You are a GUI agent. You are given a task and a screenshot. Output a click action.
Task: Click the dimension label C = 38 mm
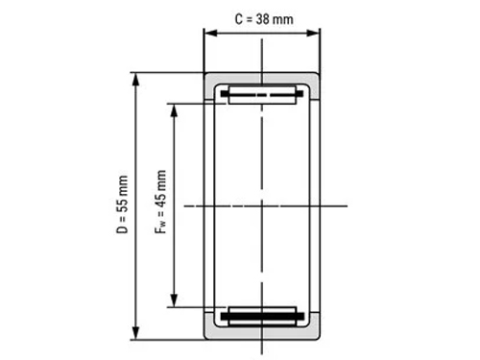pyautogui.click(x=264, y=19)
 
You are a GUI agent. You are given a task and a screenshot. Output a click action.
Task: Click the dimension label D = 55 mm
pyautogui.click(x=122, y=204)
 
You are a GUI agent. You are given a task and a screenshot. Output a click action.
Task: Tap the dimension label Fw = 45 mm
pyautogui.click(x=160, y=202)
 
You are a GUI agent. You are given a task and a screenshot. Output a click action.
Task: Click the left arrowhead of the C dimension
pyautogui.click(x=211, y=33)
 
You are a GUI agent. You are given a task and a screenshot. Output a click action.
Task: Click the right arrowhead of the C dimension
pyautogui.click(x=313, y=33)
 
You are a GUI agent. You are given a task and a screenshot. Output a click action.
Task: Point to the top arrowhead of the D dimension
pyautogui.click(x=136, y=80)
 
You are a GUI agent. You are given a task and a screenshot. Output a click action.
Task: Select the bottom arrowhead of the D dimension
pyautogui.click(x=136, y=333)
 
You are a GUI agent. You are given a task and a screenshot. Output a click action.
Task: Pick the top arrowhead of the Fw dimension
pyautogui.click(x=174, y=110)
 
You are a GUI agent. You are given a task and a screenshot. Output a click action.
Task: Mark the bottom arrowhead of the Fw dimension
pyautogui.click(x=174, y=300)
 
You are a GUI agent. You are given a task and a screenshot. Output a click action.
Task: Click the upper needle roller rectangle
pyautogui.click(x=262, y=95)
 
